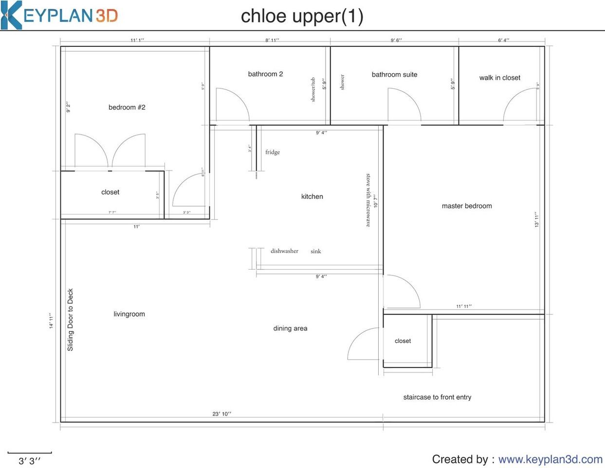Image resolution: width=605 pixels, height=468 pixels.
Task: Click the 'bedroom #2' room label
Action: (x=127, y=107)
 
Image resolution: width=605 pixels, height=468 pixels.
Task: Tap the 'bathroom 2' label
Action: (x=265, y=74)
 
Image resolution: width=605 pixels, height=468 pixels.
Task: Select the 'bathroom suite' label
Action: (x=394, y=75)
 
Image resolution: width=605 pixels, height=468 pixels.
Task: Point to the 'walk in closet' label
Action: (x=499, y=78)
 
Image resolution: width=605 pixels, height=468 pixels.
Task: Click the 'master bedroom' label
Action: (x=466, y=206)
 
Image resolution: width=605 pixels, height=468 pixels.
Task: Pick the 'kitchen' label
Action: (x=312, y=196)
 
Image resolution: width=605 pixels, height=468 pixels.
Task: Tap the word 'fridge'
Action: (x=273, y=152)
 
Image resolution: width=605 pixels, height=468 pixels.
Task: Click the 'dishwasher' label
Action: (x=284, y=251)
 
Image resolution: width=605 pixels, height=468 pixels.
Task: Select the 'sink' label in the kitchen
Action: (x=316, y=252)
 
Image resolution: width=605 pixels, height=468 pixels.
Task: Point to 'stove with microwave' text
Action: (x=368, y=200)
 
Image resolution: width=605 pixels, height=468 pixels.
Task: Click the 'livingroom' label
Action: (x=129, y=314)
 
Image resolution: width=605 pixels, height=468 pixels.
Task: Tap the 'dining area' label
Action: (x=290, y=328)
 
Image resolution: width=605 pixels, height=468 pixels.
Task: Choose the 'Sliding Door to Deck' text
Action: (x=71, y=320)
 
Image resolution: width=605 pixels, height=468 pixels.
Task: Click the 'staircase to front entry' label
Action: (x=437, y=397)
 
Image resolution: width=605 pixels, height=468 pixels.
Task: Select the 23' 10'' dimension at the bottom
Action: (x=221, y=414)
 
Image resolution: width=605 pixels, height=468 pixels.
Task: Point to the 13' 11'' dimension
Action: (x=537, y=219)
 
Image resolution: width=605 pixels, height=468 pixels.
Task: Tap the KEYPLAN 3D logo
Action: (x=59, y=15)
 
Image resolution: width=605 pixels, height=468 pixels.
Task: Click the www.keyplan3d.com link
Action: (x=550, y=459)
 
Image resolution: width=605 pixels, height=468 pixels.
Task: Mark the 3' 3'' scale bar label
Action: (x=29, y=461)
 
